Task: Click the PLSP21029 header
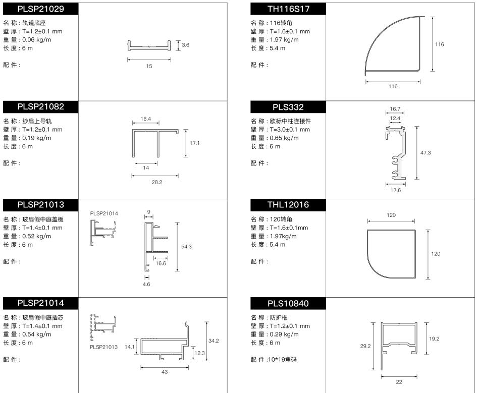click(40, 9)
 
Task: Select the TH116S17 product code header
click(288, 9)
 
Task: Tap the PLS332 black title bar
click(288, 107)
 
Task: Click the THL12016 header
click(288, 205)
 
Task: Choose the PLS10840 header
click(288, 303)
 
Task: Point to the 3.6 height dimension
click(185, 45)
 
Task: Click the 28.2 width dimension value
click(156, 182)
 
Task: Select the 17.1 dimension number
click(194, 143)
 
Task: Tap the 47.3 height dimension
click(426, 153)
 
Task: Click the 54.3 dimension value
click(186, 247)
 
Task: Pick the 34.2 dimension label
click(214, 341)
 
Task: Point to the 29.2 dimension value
click(365, 346)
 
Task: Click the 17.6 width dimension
click(395, 190)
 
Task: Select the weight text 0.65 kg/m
click(284, 138)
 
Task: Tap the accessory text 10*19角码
click(282, 360)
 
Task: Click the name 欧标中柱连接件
click(290, 121)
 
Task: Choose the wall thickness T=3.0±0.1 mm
click(290, 130)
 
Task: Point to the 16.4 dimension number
click(146, 119)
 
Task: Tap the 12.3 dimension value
click(200, 353)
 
